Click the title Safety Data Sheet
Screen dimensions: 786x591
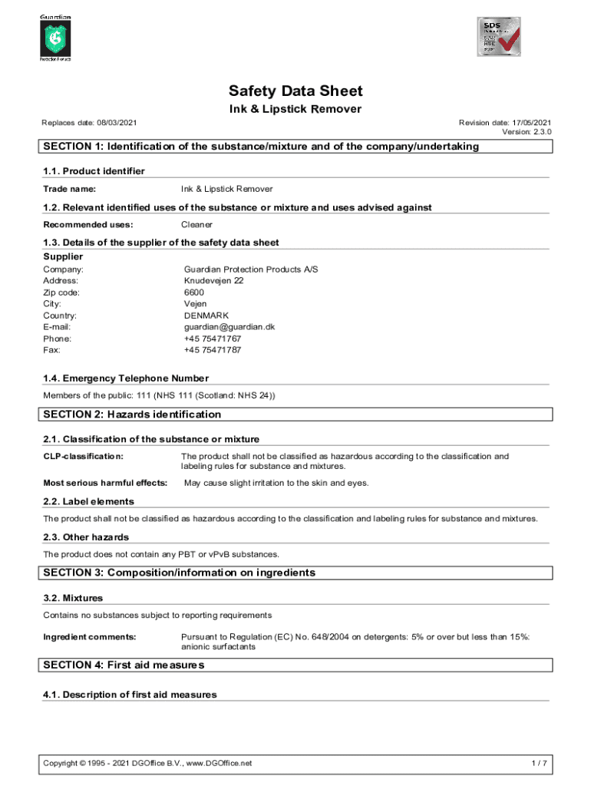point(295,91)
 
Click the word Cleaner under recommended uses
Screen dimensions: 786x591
point(196,225)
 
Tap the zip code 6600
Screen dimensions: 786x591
point(194,292)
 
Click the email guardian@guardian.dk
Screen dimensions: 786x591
point(229,327)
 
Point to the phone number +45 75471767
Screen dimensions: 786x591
point(213,339)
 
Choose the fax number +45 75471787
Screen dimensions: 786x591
point(213,350)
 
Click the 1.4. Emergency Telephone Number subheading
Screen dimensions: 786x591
point(126,378)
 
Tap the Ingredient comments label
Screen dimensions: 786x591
point(90,636)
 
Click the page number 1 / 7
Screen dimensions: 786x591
point(539,763)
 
